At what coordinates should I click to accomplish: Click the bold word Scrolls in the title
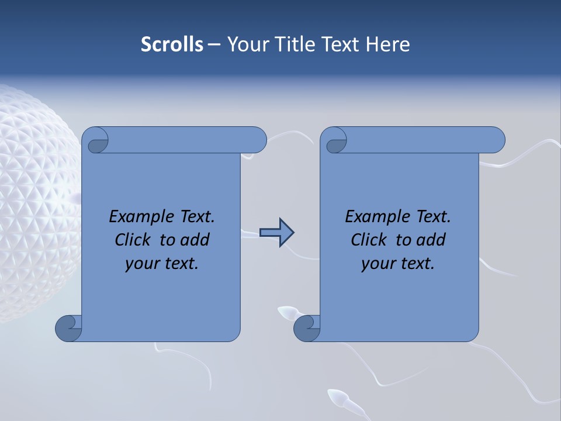pos(172,44)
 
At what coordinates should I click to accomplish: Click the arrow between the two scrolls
pos(276,233)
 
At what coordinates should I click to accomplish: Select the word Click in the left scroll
pos(135,240)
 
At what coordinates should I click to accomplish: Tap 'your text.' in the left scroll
pos(162,263)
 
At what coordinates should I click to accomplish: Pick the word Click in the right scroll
pos(371,240)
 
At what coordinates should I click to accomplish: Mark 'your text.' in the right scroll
pos(398,263)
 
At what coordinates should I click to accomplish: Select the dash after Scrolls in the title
pos(214,44)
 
